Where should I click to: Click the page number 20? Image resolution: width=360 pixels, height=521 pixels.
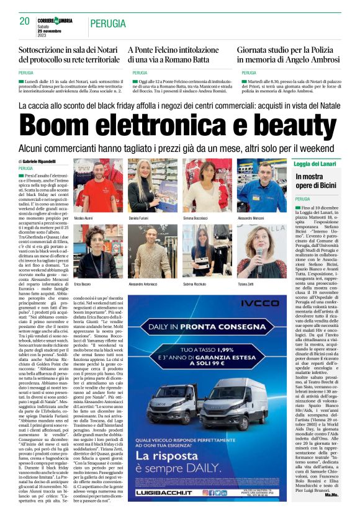point(25,21)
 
